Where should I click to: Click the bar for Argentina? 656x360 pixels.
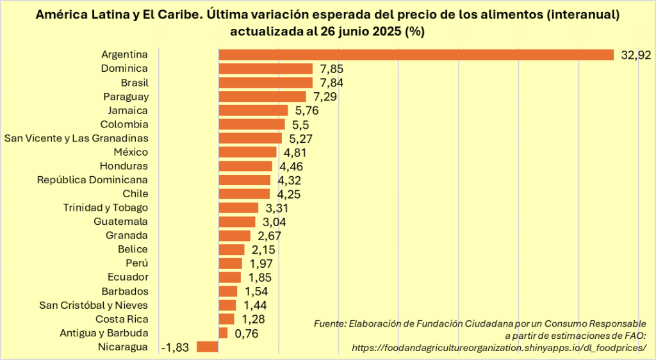pyautogui.click(x=416, y=54)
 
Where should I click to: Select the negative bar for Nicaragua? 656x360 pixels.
pyautogui.click(x=208, y=347)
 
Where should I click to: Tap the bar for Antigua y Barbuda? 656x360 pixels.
pyautogui.click(x=223, y=332)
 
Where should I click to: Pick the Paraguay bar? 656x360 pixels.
pyautogui.click(x=263, y=96)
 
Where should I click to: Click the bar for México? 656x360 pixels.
pyautogui.click(x=247, y=152)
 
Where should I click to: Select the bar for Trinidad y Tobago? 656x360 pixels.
pyautogui.click(x=238, y=208)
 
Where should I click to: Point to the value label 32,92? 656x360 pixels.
pyautogui.click(x=635, y=55)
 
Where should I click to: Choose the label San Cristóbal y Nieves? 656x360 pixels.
pyautogui.click(x=94, y=305)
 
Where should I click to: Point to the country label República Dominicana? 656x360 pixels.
pyautogui.click(x=92, y=180)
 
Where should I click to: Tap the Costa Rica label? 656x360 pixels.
pyautogui.click(x=122, y=319)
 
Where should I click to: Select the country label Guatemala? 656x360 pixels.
pyautogui.click(x=120, y=221)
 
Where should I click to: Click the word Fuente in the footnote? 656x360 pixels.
pyautogui.click(x=329, y=324)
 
